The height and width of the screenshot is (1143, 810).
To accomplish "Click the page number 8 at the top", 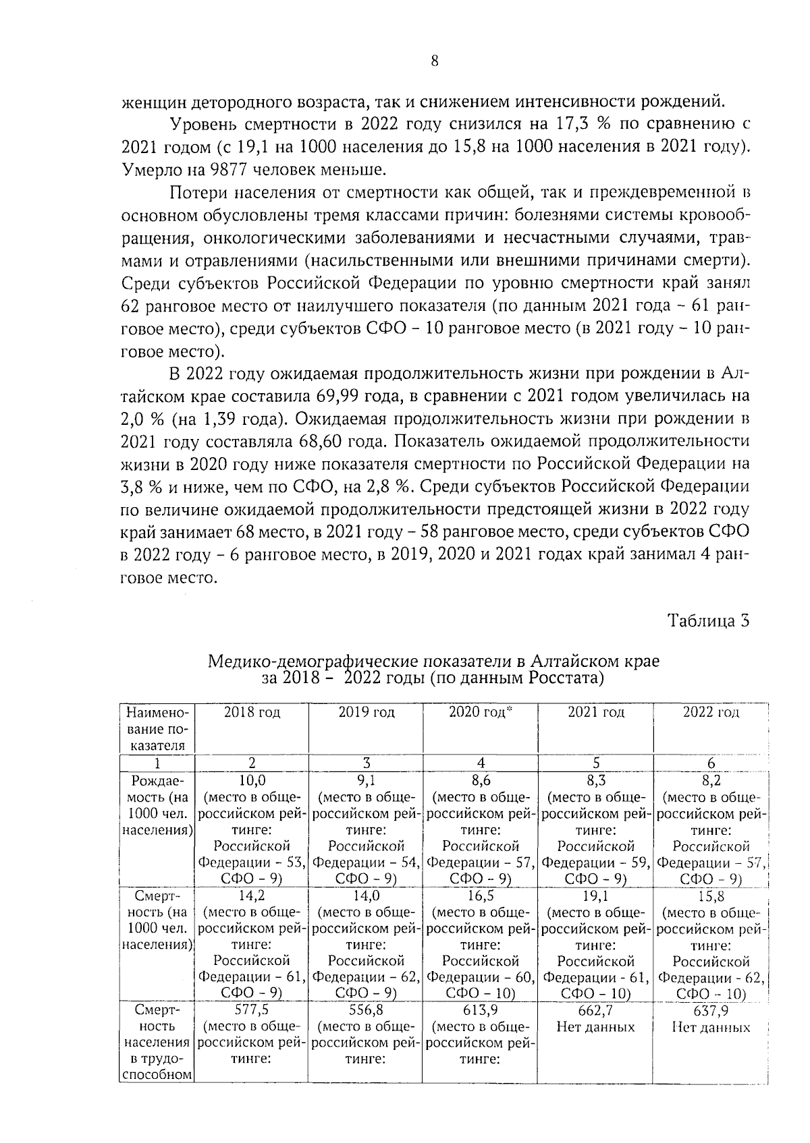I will (434, 61).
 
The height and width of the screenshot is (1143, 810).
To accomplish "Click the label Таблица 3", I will (708, 620).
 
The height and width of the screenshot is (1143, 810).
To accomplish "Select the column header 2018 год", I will (252, 712).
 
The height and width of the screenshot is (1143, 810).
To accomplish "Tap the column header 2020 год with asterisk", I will (481, 712).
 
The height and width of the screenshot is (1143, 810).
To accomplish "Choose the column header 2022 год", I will (711, 712).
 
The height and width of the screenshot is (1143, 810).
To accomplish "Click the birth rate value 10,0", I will (252, 781).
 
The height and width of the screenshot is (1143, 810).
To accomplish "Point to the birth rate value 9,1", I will (366, 781).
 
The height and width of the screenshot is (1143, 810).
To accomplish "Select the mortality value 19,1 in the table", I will (596, 896).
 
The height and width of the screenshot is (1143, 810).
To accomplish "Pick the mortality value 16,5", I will (481, 896).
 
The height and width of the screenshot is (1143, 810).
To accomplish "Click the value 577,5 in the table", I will (252, 1011).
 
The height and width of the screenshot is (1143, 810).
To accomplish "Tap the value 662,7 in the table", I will (596, 1011).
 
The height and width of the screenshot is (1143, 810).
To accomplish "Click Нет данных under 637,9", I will (711, 1028).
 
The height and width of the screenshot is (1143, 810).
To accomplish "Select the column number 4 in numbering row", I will (481, 763).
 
